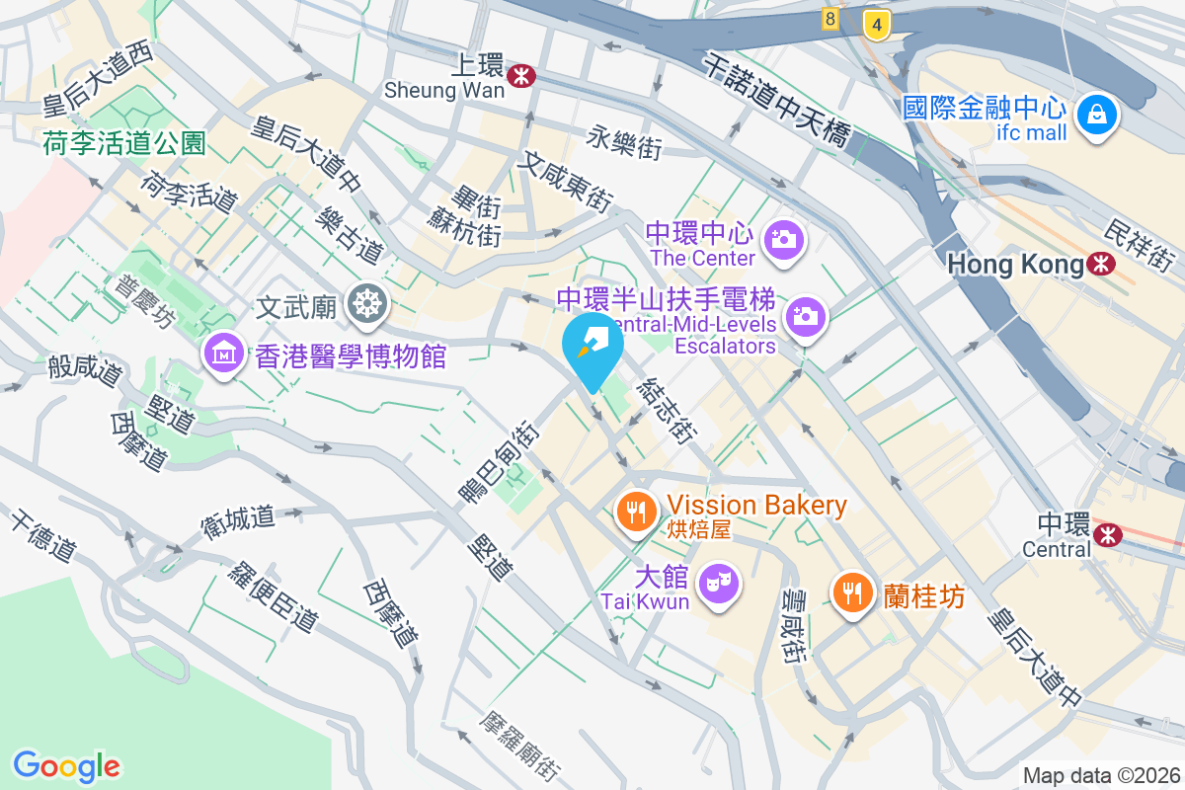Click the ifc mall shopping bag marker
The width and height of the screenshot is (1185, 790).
(x=1096, y=115)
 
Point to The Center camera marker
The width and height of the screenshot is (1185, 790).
(x=785, y=238)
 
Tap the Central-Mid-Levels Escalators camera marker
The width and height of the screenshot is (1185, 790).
(x=806, y=316)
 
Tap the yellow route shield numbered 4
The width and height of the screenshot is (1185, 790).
(x=873, y=25)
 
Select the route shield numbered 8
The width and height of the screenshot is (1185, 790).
(x=829, y=18)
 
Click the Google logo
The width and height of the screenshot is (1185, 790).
(x=66, y=765)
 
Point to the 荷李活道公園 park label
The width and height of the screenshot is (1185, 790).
(x=124, y=144)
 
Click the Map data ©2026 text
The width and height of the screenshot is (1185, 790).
(x=1101, y=775)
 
